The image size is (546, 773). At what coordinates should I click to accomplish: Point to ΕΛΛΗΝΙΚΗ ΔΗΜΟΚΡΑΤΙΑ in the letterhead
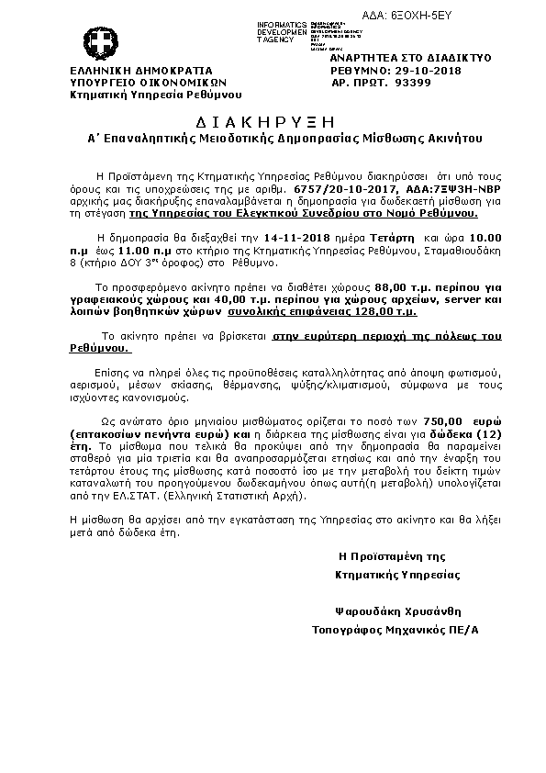tap(141, 70)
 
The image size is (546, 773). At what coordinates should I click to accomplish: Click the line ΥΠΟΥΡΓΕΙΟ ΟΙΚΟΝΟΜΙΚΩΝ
tap(140, 82)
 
